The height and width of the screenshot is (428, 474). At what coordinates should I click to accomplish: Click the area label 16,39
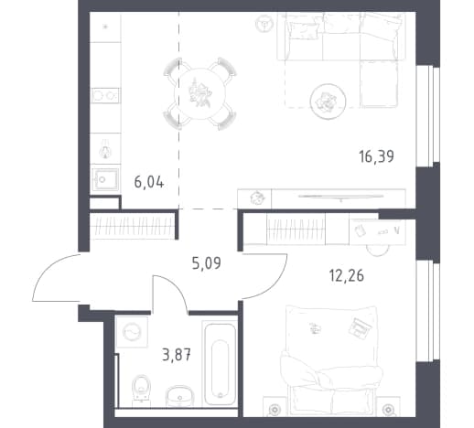[376, 156]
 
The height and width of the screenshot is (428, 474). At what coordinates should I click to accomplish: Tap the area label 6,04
[149, 183]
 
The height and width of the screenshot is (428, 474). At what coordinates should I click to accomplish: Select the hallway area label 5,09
[206, 263]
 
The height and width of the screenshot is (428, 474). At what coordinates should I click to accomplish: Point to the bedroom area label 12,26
[346, 276]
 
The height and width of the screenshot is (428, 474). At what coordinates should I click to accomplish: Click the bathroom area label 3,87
[177, 355]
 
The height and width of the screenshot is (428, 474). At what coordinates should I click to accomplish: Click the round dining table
[199, 93]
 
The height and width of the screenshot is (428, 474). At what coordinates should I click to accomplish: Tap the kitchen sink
[104, 179]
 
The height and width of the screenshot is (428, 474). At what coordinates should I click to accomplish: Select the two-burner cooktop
[105, 95]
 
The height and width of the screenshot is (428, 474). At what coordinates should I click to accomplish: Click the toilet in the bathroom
[141, 387]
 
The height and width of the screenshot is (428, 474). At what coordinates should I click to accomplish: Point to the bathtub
[220, 364]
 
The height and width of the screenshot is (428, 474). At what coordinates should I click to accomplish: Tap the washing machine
[132, 332]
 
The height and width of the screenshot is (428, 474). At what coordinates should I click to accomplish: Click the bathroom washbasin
[179, 396]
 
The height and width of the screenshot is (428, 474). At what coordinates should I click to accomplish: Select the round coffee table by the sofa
[328, 101]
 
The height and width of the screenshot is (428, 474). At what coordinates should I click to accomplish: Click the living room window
[428, 116]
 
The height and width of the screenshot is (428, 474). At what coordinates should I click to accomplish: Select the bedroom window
[428, 311]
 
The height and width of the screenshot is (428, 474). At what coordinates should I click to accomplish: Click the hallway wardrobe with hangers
[132, 226]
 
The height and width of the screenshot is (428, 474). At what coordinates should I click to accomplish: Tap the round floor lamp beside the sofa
[264, 23]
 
